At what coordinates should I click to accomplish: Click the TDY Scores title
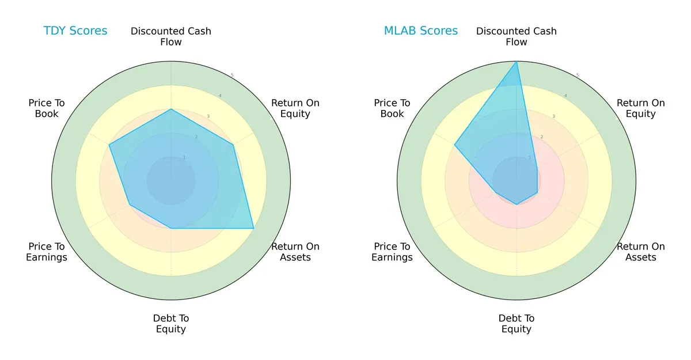tap(75, 31)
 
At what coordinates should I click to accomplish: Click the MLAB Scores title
tap(421, 31)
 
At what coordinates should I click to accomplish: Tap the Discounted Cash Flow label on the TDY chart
tap(171, 36)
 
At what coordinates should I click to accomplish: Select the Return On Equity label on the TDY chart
tap(295, 108)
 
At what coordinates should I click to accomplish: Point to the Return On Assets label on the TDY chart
tap(295, 252)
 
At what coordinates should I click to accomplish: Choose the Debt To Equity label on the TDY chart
tap(171, 324)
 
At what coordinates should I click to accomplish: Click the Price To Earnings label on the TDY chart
tap(47, 252)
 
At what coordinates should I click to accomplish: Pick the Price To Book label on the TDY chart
tap(47, 108)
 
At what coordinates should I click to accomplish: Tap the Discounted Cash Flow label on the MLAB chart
tap(517, 36)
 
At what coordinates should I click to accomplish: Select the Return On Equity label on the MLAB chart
tap(641, 108)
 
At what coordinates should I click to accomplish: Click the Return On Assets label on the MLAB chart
tap(641, 252)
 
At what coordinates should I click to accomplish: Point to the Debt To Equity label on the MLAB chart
tap(517, 324)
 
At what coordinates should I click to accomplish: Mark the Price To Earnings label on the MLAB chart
tap(392, 252)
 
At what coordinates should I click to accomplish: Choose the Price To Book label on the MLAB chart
tap(392, 108)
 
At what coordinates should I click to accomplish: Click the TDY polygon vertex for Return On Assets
tap(254, 229)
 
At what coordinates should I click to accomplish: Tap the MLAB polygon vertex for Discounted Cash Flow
tap(517, 62)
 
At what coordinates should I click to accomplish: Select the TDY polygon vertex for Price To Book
tap(109, 145)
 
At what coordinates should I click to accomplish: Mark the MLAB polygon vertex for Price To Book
tap(455, 145)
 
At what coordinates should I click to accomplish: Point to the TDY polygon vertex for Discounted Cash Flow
tap(171, 109)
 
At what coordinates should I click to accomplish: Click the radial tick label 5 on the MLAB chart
tap(578, 75)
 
